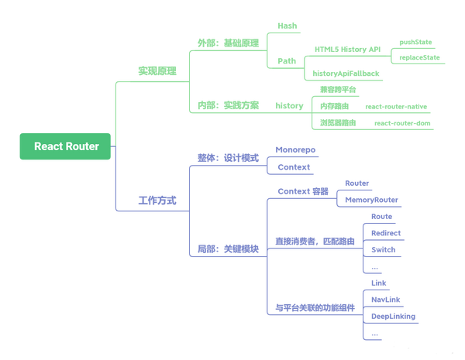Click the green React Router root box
pos(65,146)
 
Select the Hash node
pos(287,26)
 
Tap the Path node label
pos(287,61)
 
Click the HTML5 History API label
pos(347,50)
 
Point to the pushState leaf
pos(415,42)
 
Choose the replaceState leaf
pos(419,57)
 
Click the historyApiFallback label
pos(346,74)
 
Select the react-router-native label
pos(396,107)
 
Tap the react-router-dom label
pos(402,123)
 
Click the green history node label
pos(289,106)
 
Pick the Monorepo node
pos(295,150)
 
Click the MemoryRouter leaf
pos(371,200)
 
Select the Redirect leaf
pos(386,233)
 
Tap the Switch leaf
pos(383,250)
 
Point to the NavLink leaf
pos(385,300)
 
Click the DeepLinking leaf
pos(393,317)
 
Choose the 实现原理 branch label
pos(157,71)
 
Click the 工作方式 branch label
pos(157,201)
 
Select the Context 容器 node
pos(303,191)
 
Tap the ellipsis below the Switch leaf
pos(374,268)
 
